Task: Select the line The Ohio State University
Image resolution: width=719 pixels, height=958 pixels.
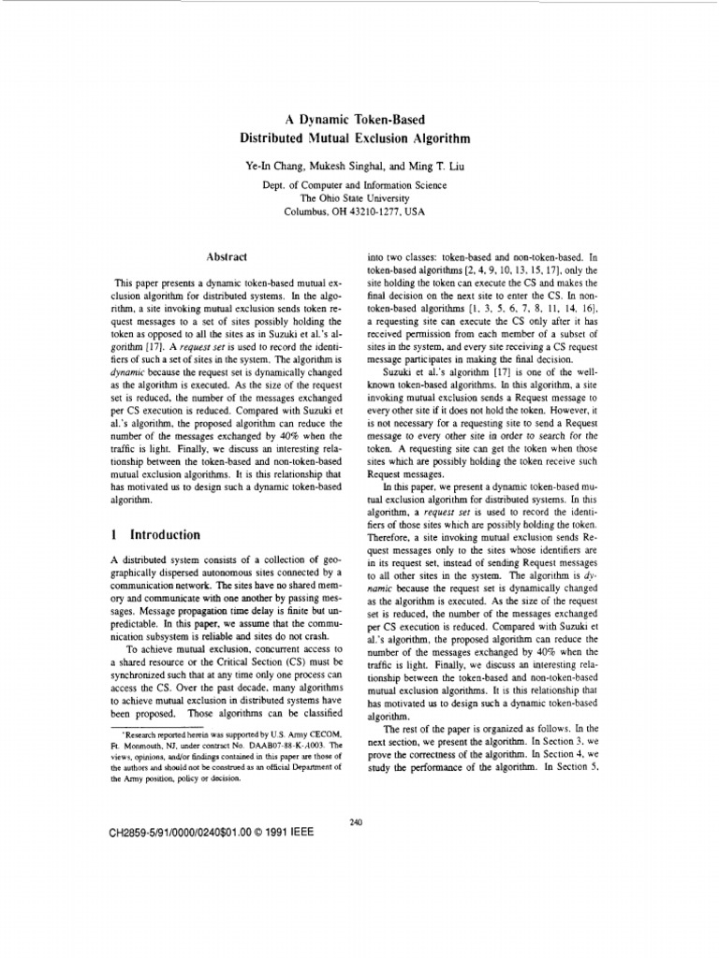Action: (354, 198)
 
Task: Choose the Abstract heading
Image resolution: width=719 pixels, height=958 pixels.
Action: (225, 256)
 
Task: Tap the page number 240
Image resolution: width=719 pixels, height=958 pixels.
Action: (355, 821)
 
